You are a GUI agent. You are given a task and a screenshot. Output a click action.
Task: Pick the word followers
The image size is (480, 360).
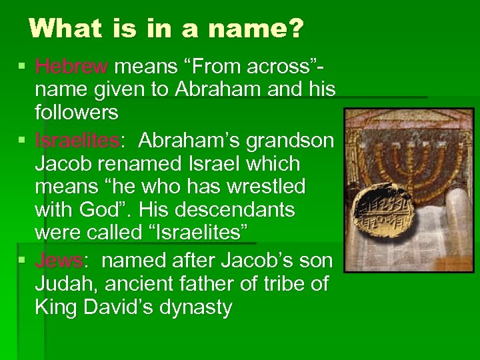pyautogui.click(x=77, y=113)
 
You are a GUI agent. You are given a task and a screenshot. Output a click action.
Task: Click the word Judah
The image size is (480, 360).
pyautogui.click(x=64, y=284)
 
